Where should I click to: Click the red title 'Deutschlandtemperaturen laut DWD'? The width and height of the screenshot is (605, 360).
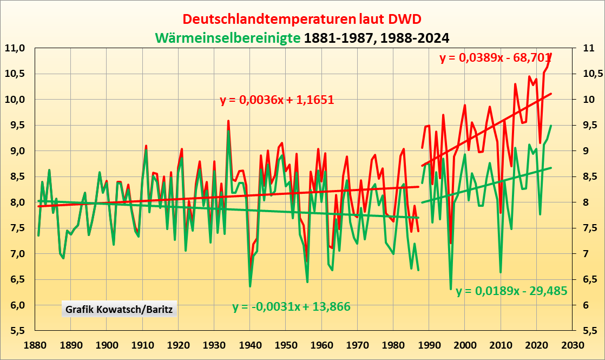pos(302,19)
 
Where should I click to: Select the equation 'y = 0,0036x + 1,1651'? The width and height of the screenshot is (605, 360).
pos(277,100)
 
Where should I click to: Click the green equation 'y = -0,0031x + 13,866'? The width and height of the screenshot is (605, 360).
pos(292,307)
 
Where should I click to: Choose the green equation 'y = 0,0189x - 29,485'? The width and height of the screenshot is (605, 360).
pos(511,291)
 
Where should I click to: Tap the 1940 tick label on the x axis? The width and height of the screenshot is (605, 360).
pos(250,345)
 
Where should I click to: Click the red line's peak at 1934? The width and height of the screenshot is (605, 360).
pos(228,121)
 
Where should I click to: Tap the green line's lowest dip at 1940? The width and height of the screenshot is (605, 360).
pos(250,286)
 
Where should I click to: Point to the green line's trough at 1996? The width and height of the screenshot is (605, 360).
pos(451,289)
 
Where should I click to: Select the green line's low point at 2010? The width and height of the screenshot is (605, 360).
pos(501,272)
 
